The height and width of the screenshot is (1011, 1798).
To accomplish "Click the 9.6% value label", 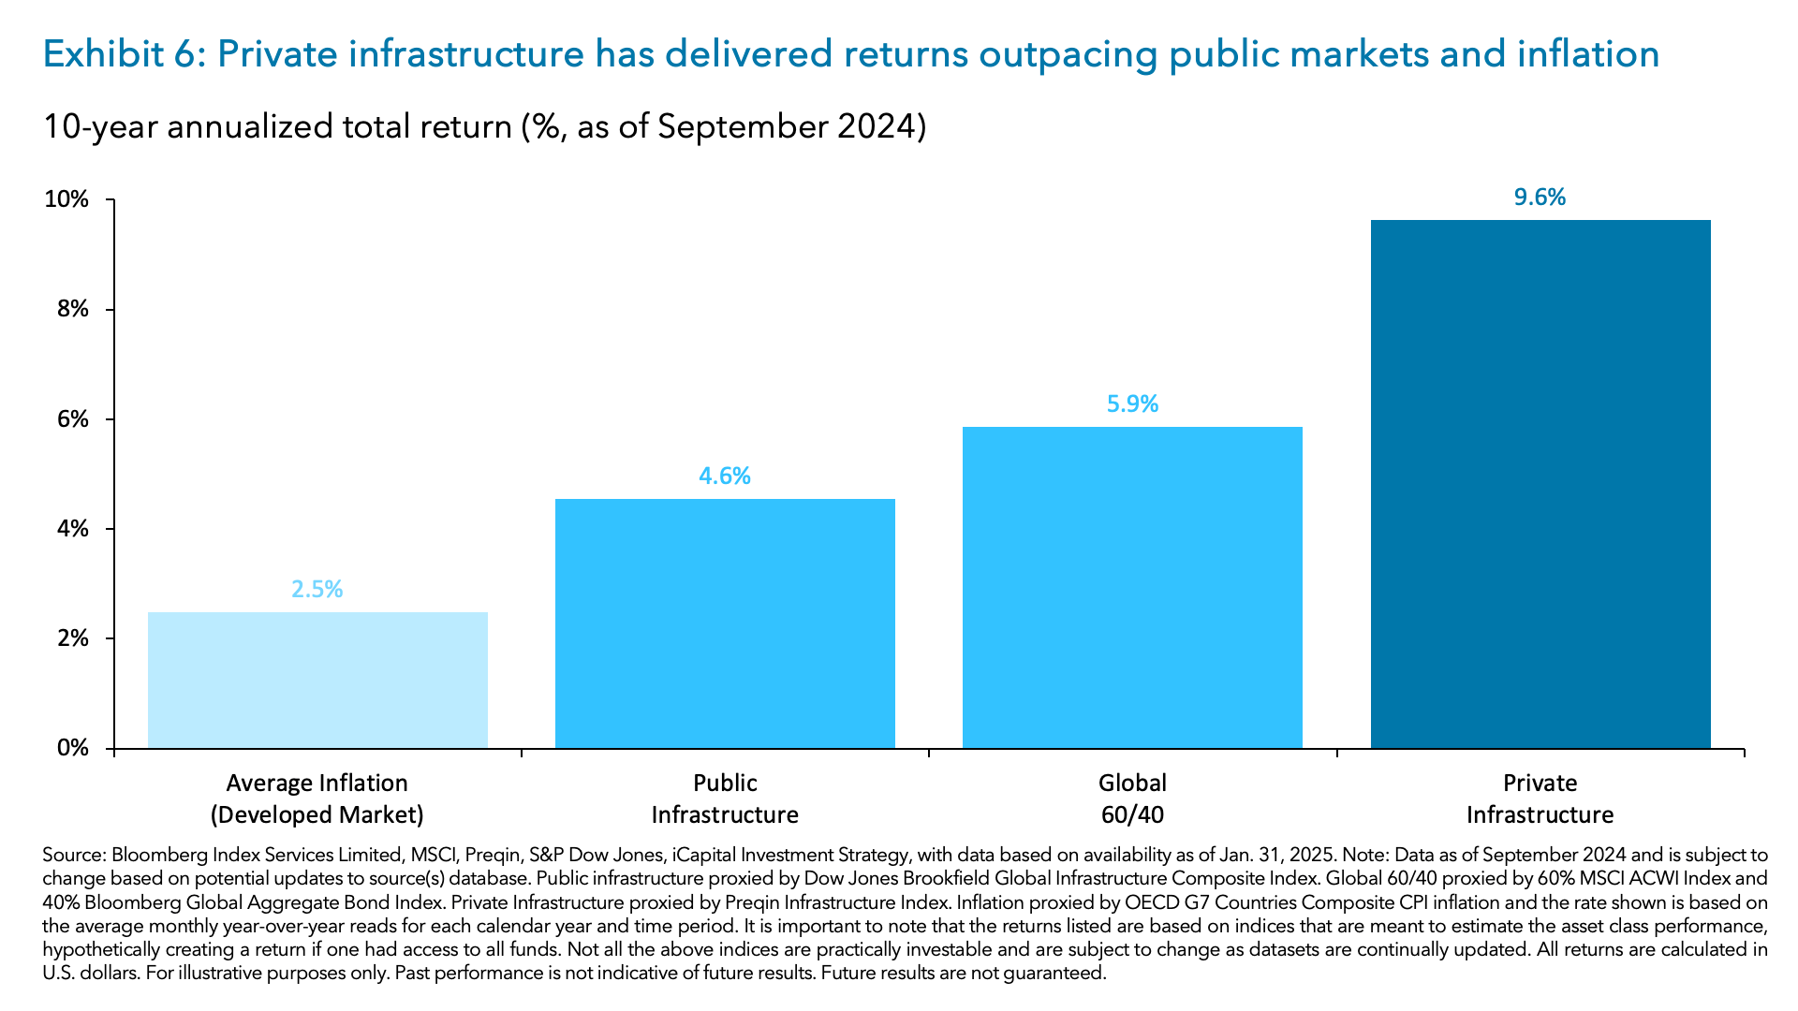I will coord(1540,197).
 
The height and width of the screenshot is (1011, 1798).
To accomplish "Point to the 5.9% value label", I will coord(1132,403).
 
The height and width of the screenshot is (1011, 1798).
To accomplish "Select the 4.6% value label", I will coord(725,476).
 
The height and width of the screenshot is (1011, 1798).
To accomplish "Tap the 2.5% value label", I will coord(317,589).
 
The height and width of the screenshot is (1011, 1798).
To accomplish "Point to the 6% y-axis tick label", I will coord(72,418).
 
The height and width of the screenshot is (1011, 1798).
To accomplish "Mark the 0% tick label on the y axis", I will coord(72,748).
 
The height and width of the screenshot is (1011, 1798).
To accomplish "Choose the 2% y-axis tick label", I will coord(72,638).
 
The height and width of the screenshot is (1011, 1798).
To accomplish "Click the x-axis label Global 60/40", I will coord(1132,799).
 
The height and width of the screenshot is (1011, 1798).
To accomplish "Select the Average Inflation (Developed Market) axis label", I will coord(317,799).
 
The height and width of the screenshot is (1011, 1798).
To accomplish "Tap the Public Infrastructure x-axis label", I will coord(725,799).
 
